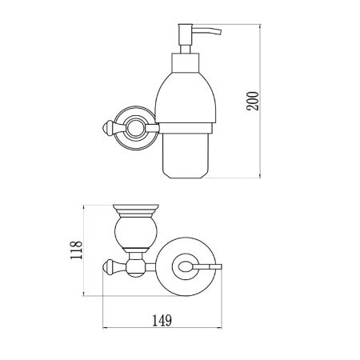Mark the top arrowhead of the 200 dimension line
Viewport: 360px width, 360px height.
[x=264, y=26]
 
